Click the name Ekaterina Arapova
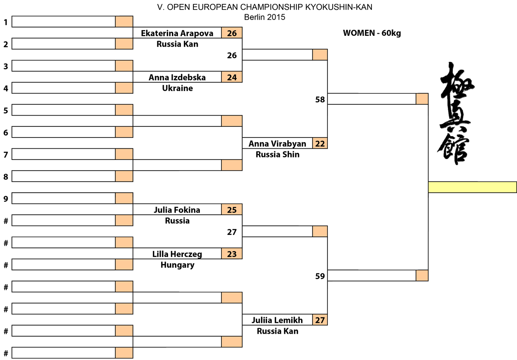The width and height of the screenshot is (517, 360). click(x=177, y=33)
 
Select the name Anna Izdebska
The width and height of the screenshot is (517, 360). click(x=177, y=77)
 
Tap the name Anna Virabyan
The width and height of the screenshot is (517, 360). click(x=277, y=144)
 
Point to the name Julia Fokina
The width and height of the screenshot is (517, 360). click(x=177, y=210)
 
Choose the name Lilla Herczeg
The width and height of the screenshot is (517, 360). click(x=177, y=254)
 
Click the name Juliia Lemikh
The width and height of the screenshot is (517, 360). click(x=277, y=320)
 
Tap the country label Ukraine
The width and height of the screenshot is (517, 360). click(x=177, y=88)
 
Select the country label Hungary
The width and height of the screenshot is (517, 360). click(x=177, y=265)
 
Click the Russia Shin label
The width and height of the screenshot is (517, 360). click(x=277, y=154)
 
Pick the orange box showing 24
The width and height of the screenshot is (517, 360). click(x=232, y=77)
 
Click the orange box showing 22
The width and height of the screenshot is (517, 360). click(x=320, y=143)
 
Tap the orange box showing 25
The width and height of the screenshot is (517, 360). click(x=232, y=210)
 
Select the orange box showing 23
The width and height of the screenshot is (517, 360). click(x=232, y=254)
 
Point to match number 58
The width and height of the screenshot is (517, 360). click(x=320, y=100)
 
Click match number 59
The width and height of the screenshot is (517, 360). click(x=320, y=276)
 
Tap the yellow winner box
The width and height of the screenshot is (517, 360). click(x=473, y=187)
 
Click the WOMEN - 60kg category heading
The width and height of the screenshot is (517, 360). click(x=372, y=33)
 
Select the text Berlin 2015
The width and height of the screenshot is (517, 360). click(x=265, y=17)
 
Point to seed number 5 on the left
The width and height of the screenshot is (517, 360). click(x=6, y=111)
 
